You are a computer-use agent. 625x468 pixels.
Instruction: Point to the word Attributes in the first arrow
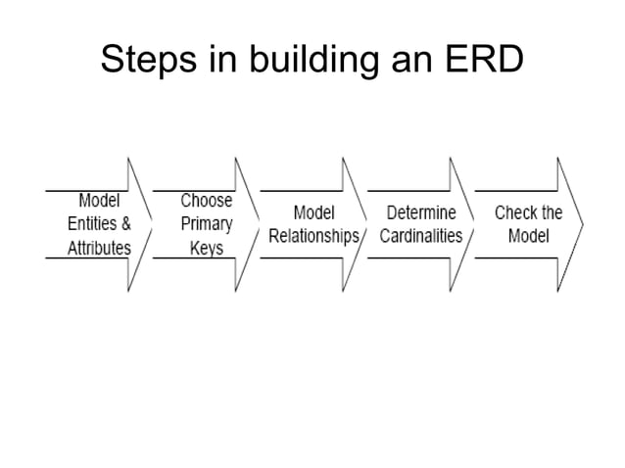pyautogui.click(x=99, y=247)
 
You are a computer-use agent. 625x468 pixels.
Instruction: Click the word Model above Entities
pyautogui.click(x=99, y=201)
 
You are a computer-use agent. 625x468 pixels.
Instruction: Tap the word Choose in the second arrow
pyautogui.click(x=207, y=201)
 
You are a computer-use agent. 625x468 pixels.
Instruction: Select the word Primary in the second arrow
pyautogui.click(x=207, y=223)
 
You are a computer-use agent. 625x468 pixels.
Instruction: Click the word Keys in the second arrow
pyautogui.click(x=207, y=247)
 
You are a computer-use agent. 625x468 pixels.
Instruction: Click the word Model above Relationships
pyautogui.click(x=314, y=212)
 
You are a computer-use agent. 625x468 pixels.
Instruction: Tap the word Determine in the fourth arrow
pyautogui.click(x=421, y=212)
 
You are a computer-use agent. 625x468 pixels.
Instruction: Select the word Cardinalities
pyautogui.click(x=421, y=236)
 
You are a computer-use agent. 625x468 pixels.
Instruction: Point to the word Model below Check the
pyautogui.click(x=529, y=236)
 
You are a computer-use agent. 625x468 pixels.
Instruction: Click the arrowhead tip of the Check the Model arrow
pyautogui.click(x=583, y=224)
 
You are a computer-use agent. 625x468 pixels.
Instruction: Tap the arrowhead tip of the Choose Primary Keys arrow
pyautogui.click(x=260, y=224)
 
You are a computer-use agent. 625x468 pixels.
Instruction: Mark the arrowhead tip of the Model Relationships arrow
pyautogui.click(x=367, y=224)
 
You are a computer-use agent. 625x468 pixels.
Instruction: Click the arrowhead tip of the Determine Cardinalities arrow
pyautogui.click(x=475, y=224)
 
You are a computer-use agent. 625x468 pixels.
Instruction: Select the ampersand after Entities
pyautogui.click(x=125, y=223)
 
